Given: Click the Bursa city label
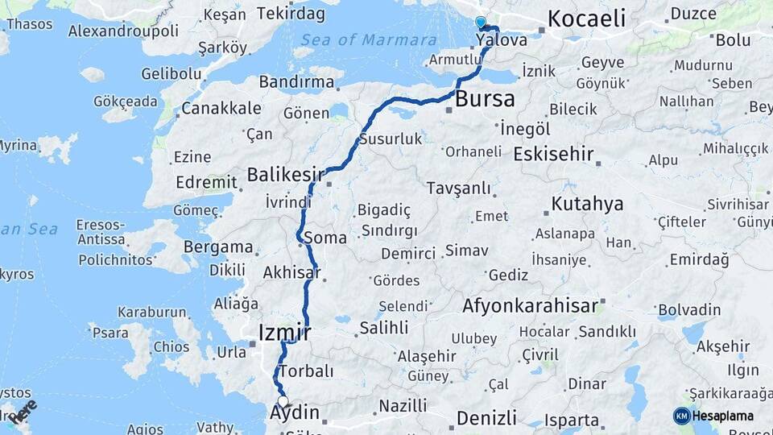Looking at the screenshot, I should tap(485, 100).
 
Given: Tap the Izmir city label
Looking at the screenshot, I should tap(284, 332).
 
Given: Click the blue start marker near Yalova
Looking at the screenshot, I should tap(481, 23).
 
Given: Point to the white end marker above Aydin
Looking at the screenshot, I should tap(283, 401).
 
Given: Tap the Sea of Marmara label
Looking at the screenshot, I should tap(370, 40).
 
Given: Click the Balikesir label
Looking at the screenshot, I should tap(285, 174).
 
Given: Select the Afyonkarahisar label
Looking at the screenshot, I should tap(530, 306).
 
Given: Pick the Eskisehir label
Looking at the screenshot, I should tap(553, 154).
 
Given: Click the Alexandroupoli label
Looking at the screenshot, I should tap(123, 31).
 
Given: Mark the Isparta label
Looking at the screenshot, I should tap(572, 420).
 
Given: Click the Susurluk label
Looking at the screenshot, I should tap(391, 139).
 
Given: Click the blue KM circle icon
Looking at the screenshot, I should tap(681, 416).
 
